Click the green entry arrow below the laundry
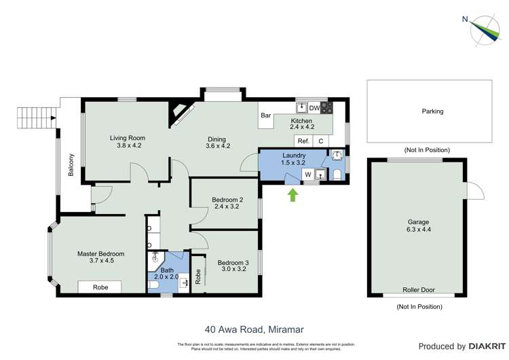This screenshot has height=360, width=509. [293, 196]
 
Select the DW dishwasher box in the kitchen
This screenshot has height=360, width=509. [314, 108]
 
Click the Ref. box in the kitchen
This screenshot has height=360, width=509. [303, 141]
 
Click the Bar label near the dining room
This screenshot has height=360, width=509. [266, 115]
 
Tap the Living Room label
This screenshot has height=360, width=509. [128, 138]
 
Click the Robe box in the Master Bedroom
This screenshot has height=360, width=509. [100, 287]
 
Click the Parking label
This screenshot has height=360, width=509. [432, 111]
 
